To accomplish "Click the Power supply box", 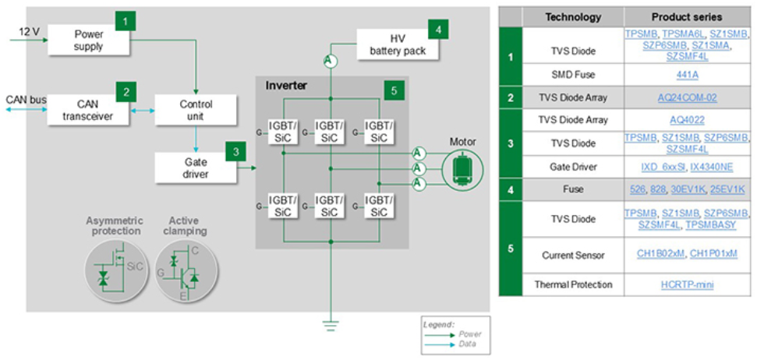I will tap(88, 40).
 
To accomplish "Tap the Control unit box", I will tap(196, 110).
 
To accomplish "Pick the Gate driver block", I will tap(196, 167).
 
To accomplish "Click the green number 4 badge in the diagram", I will tap(439, 29).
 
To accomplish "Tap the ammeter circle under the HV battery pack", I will tap(330, 61).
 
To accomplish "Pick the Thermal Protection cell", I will tap(573, 284).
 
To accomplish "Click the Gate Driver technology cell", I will tap(573, 168).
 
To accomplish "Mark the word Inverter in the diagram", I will tap(287, 85).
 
